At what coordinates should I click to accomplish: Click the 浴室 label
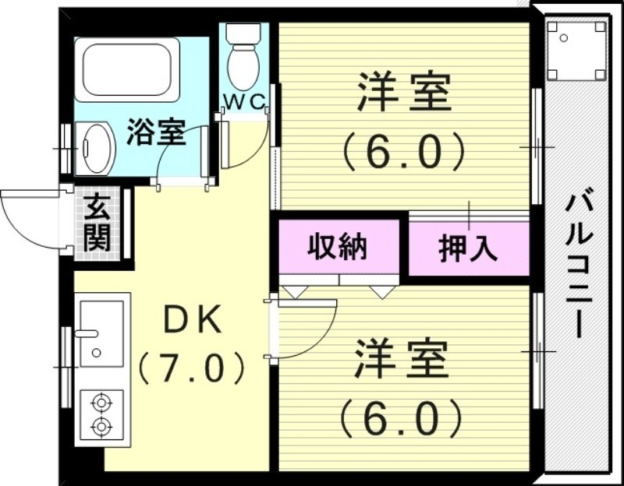click(x=156, y=133)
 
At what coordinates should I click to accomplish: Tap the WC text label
click(x=245, y=102)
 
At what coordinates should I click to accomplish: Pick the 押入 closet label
click(x=467, y=248)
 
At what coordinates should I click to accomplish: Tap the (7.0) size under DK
click(x=192, y=366)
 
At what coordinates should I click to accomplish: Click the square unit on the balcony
click(x=576, y=49)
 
